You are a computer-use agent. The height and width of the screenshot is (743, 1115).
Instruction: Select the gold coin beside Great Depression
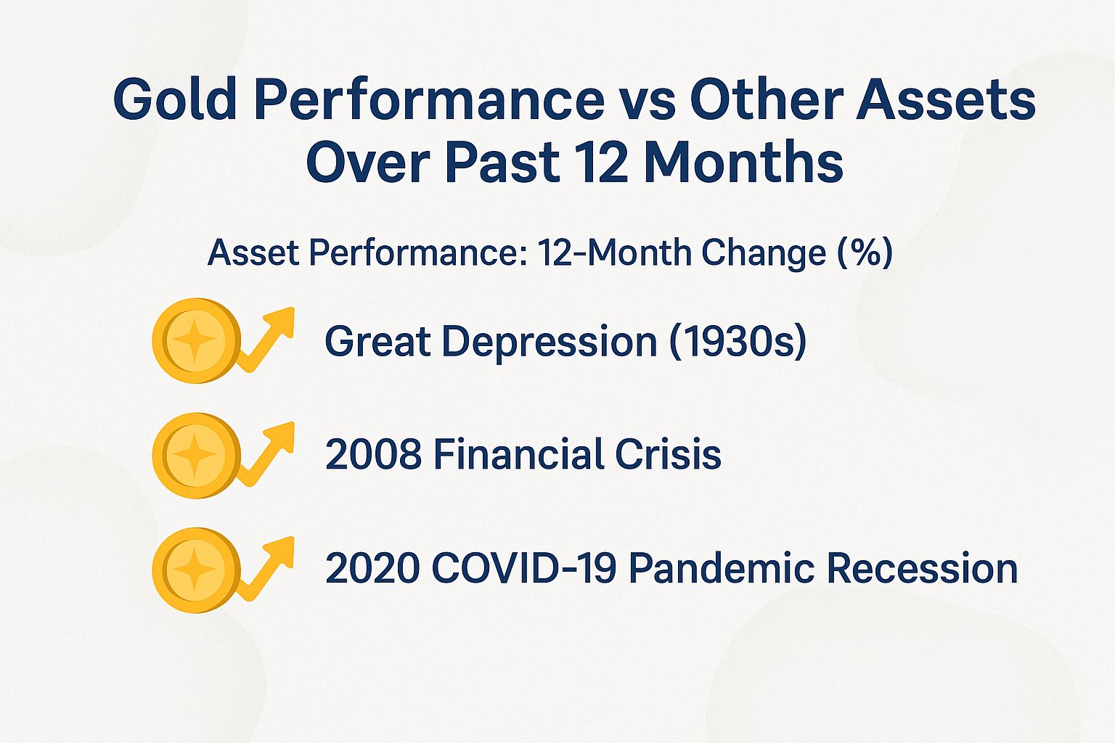pos(195,340)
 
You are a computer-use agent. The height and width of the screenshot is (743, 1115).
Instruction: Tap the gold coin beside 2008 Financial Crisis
pos(195,455)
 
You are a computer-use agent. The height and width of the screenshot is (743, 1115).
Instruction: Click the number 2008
pos(373,455)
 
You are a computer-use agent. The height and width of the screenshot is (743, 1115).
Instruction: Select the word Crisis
pos(668,455)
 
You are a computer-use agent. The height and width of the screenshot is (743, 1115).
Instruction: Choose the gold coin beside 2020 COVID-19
pos(195,570)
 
